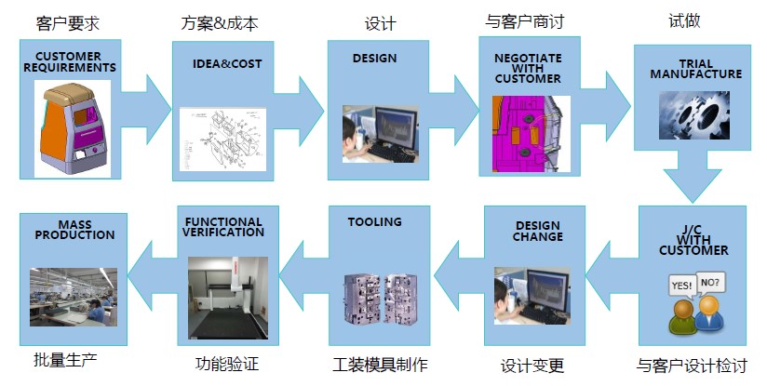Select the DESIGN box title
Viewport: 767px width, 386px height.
[x=374, y=58]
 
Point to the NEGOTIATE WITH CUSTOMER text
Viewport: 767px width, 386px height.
[x=528, y=68]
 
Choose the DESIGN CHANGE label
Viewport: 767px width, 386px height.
[x=538, y=231]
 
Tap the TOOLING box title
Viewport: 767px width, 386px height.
[x=374, y=222]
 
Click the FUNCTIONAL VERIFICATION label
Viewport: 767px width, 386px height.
[x=223, y=227]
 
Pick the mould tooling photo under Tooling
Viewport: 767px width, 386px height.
[x=379, y=298]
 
